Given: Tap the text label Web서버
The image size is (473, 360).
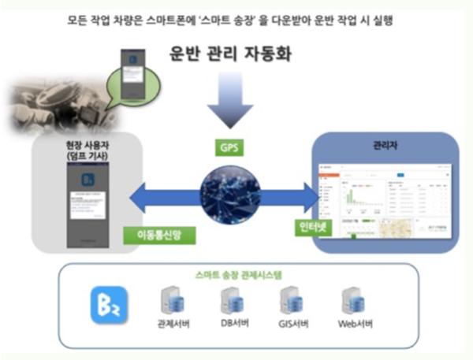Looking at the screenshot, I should point(352,325).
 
